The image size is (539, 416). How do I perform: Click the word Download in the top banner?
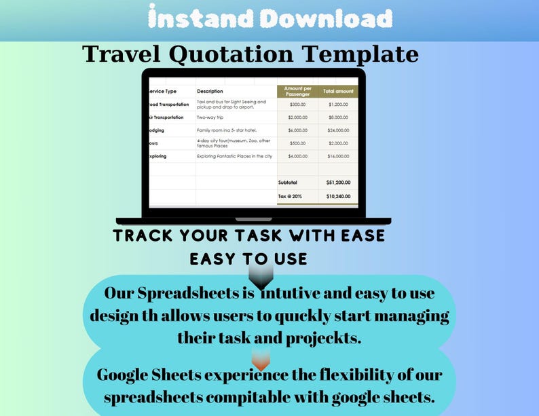point(327,18)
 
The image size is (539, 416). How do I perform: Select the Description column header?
point(210,91)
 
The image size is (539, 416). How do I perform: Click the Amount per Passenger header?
point(297,91)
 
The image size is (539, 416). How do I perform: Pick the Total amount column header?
point(337,91)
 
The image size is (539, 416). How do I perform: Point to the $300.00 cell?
point(297,105)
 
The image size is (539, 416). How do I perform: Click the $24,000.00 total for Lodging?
point(338,130)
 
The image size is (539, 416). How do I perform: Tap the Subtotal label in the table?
point(288,182)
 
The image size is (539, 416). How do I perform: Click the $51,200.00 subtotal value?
point(338,182)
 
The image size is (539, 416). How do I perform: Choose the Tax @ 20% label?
point(290,196)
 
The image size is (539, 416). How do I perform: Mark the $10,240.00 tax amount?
point(338,196)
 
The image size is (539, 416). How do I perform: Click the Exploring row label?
point(157,156)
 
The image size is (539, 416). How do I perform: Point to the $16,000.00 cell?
point(338,156)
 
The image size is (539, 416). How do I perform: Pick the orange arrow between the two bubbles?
point(261,360)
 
